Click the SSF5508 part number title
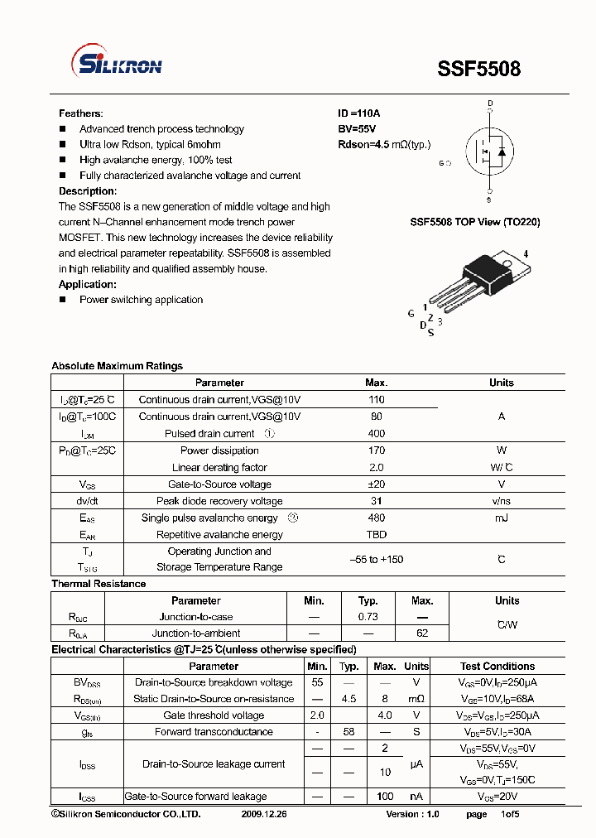click(x=479, y=69)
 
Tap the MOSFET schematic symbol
click(x=489, y=152)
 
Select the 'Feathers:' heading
click(x=80, y=113)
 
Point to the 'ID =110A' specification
click(x=358, y=113)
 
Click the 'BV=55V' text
click(x=357, y=129)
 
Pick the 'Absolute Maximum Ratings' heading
click(x=117, y=366)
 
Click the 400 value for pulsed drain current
click(x=376, y=434)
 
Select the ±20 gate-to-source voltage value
click(x=376, y=484)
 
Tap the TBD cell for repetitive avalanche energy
click(x=376, y=535)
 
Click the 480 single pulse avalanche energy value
click(x=376, y=518)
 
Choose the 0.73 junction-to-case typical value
click(x=368, y=618)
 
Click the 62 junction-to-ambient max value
click(x=422, y=633)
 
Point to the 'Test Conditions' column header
click(x=497, y=667)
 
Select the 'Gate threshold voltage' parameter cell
click(x=214, y=715)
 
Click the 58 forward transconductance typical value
click(x=348, y=732)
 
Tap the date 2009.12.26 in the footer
click(x=263, y=815)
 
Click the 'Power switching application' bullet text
click(x=141, y=300)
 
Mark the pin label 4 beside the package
click(x=526, y=254)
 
